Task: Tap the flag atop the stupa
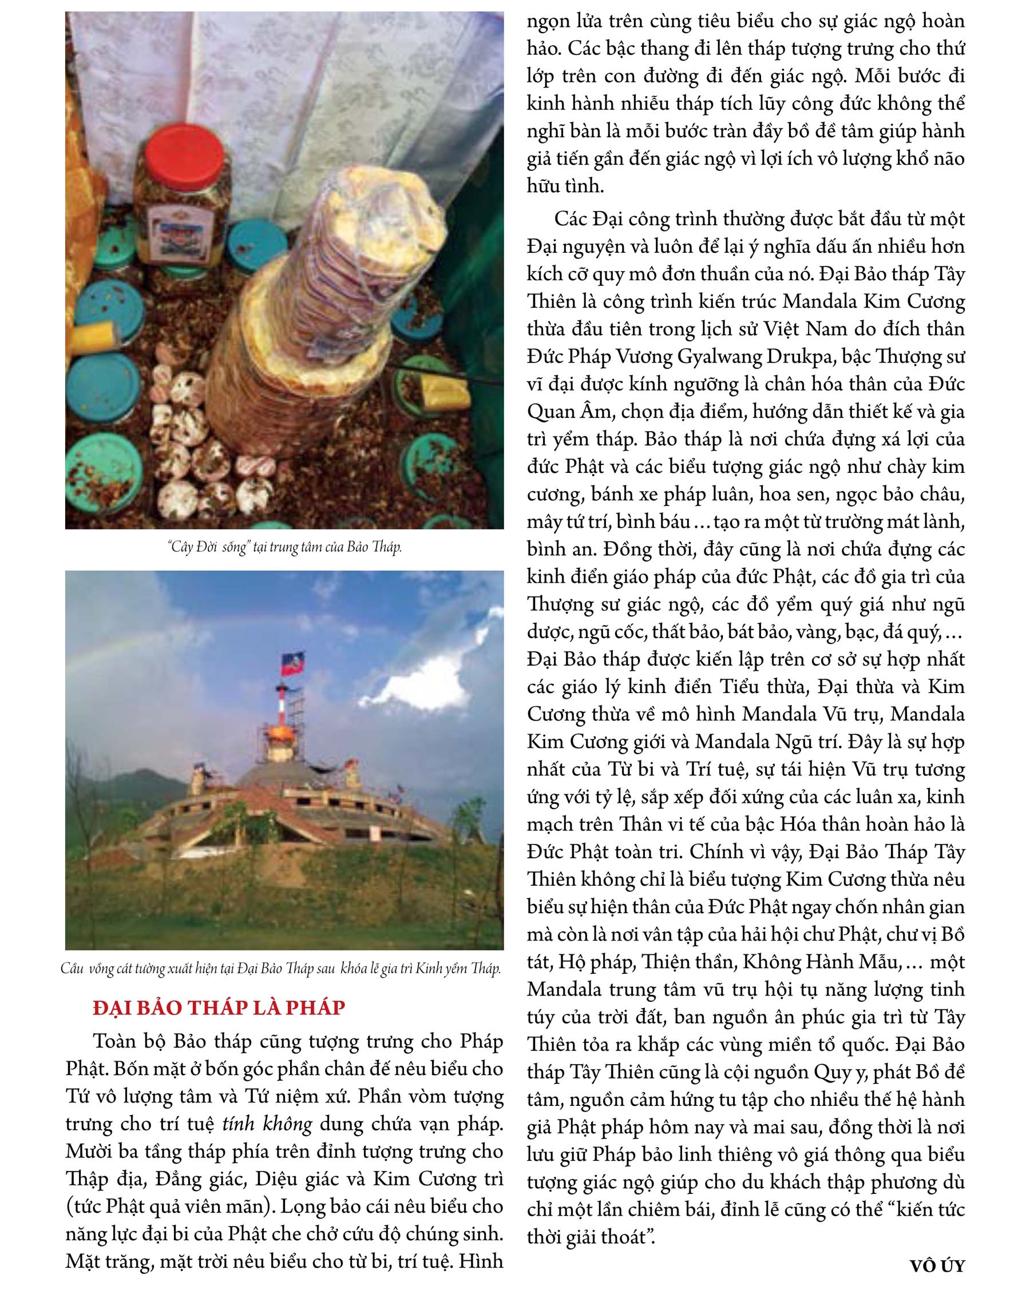(x=293, y=664)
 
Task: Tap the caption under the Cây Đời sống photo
(x=284, y=547)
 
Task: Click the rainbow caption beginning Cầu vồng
(x=281, y=969)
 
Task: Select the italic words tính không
(x=267, y=1124)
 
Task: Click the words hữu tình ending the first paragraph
(x=565, y=186)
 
